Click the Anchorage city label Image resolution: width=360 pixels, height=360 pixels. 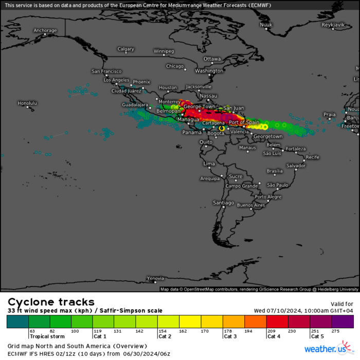click(45, 31)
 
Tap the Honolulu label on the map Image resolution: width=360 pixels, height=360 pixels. click(27, 103)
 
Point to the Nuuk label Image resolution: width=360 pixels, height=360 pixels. click(265, 25)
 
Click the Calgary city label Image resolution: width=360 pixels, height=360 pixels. click(125, 49)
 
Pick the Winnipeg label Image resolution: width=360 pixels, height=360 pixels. click(164, 51)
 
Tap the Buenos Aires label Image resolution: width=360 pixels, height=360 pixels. click(251, 205)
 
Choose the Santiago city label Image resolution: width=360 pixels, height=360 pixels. click(223, 203)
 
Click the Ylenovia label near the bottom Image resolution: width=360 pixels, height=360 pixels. click(155, 278)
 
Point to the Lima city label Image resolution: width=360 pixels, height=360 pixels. click(209, 164)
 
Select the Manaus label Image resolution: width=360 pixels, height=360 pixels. click(247, 148)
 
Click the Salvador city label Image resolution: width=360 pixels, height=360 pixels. click(296, 166)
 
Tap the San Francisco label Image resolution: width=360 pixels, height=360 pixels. click(106, 71)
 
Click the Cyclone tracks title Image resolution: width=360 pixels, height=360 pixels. click(51, 302)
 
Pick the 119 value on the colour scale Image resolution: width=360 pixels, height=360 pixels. click(97, 331)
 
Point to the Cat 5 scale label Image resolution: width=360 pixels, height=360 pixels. click(317, 336)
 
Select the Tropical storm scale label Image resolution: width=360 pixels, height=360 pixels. click(47, 336)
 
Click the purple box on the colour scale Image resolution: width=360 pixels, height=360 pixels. click(343, 321)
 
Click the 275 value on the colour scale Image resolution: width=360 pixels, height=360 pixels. click(336, 331)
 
